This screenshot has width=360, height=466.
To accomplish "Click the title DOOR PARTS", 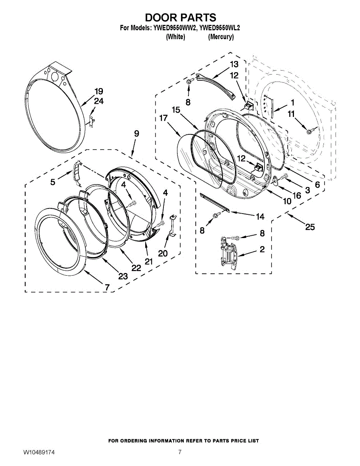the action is [x=181, y=17].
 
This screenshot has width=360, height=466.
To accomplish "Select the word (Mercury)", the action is [x=221, y=37].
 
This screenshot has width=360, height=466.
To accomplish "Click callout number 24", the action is [x=99, y=101].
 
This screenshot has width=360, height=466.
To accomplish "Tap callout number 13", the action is [x=234, y=64].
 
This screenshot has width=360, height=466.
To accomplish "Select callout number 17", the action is [x=163, y=118].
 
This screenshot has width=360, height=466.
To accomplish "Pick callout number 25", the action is [x=310, y=227].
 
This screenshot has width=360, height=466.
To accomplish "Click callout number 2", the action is [x=262, y=249].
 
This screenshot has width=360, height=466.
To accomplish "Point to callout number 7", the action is [x=107, y=287].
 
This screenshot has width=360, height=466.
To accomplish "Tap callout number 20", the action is [x=163, y=253].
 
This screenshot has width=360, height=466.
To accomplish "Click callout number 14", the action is [x=260, y=217].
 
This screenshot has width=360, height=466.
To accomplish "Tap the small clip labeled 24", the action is [x=92, y=121].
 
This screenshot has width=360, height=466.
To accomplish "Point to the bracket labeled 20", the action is [x=173, y=225].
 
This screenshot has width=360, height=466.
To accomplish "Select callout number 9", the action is [x=137, y=134].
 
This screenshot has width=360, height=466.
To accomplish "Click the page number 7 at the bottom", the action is [x=180, y=458].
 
